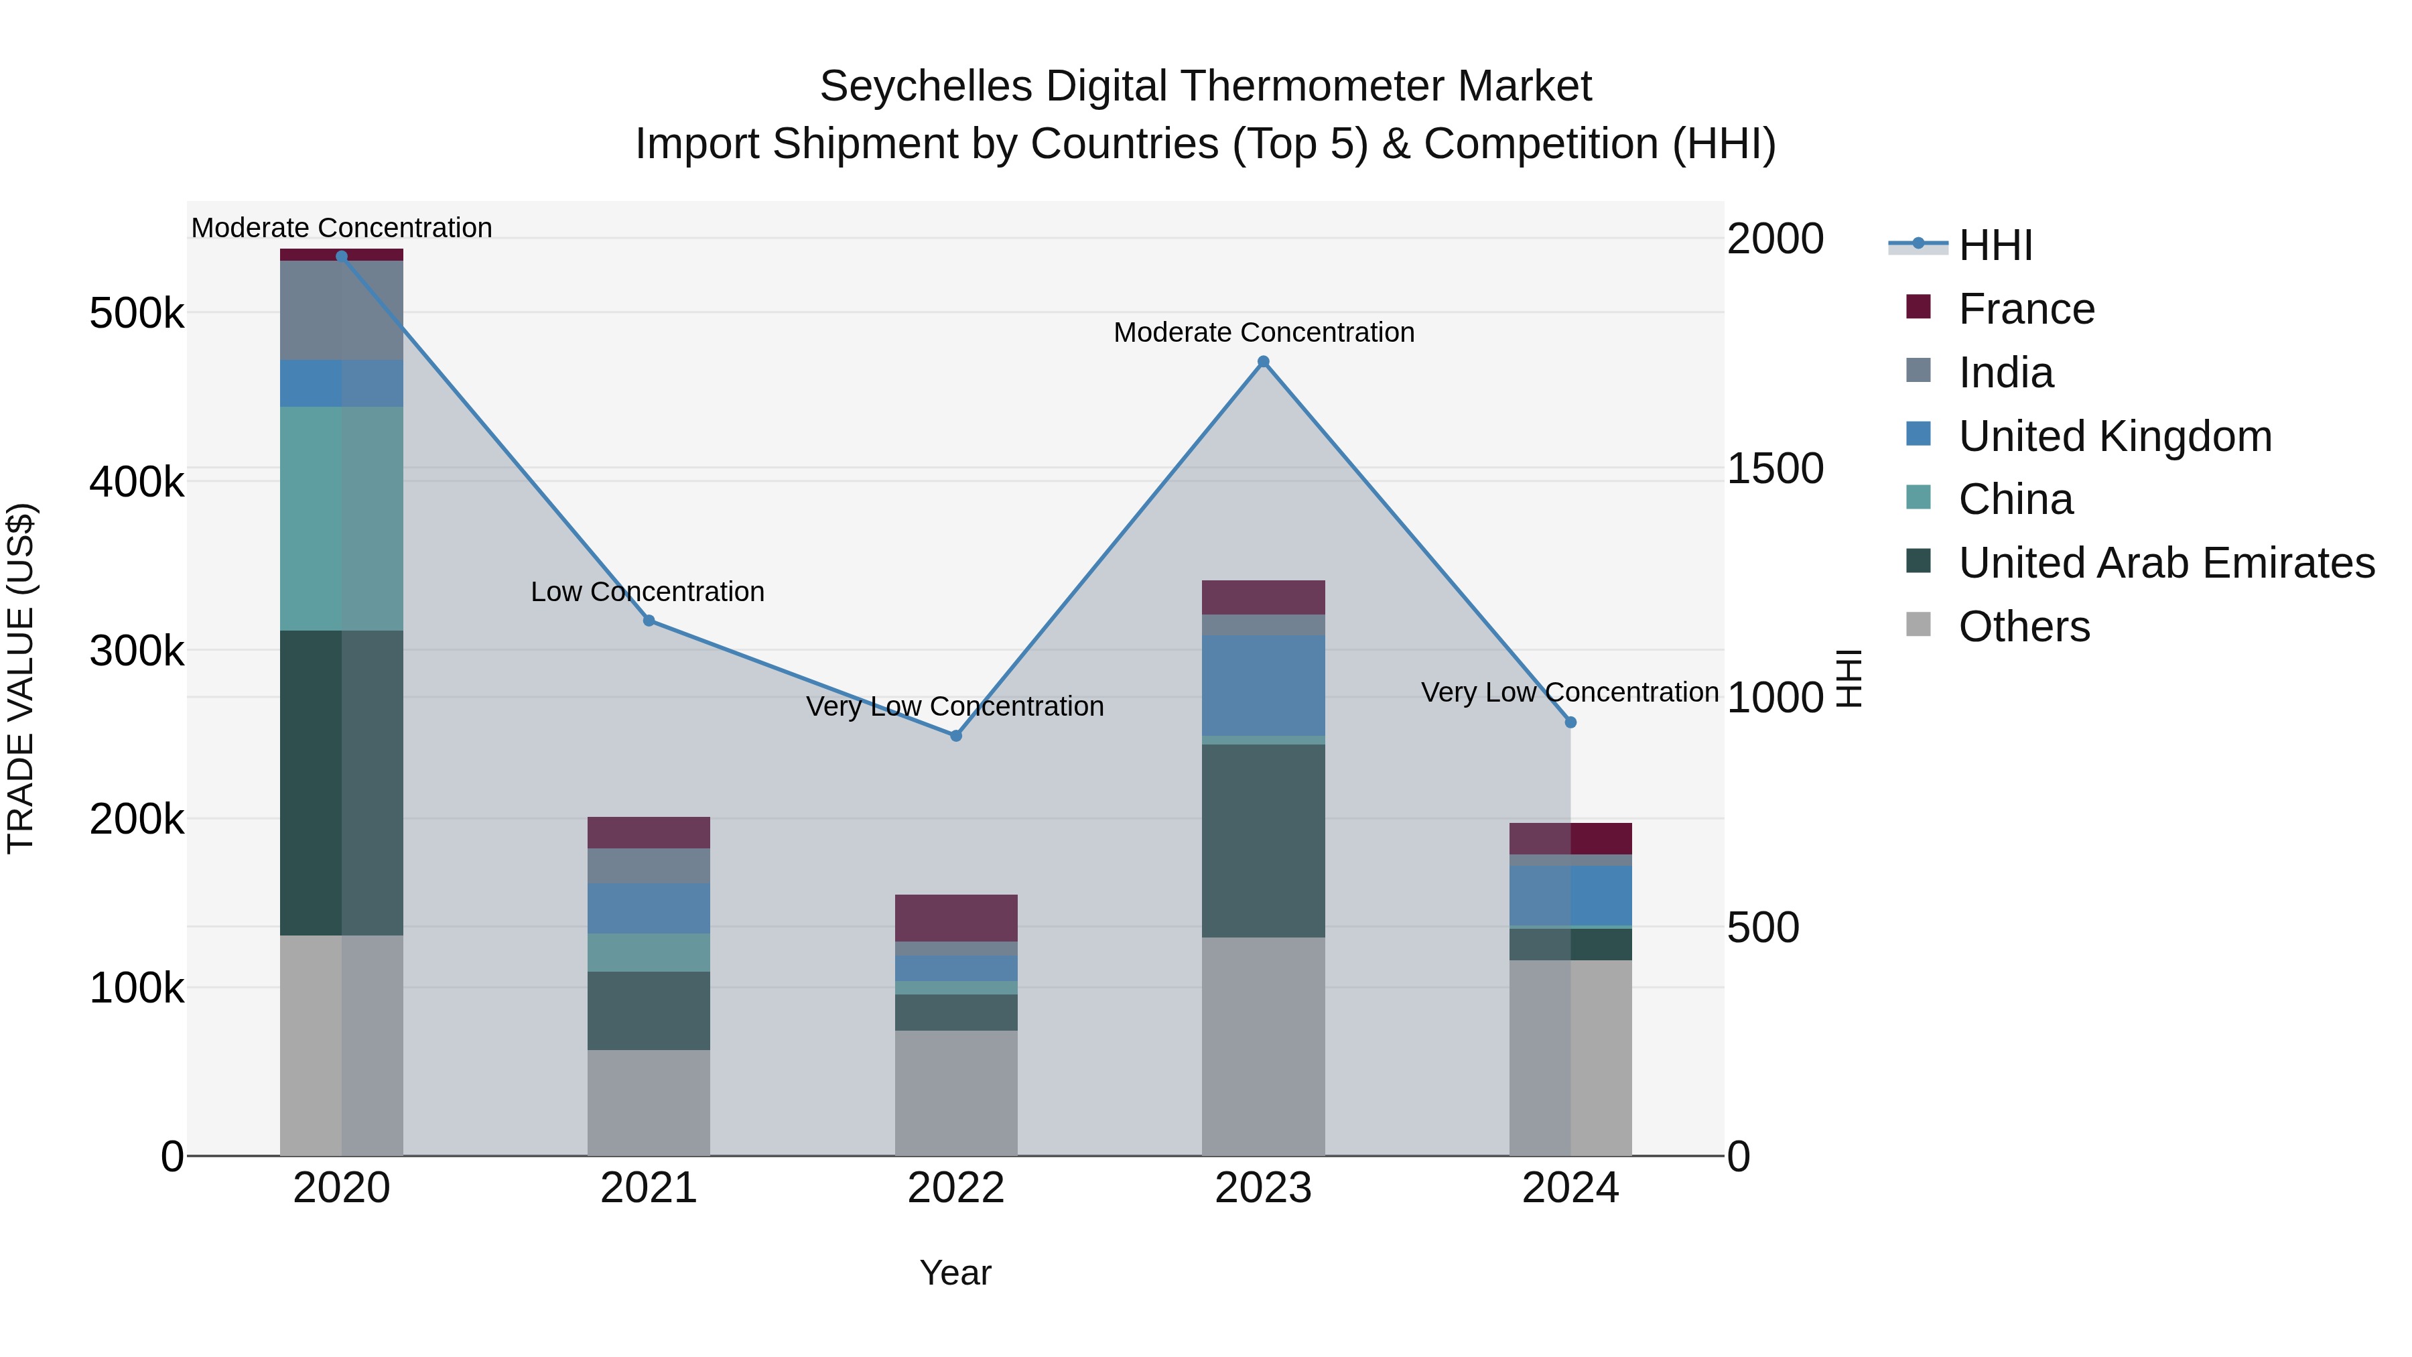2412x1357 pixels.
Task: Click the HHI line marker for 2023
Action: (1263, 361)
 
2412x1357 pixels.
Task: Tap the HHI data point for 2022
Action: (956, 736)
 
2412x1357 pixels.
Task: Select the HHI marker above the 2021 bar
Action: (649, 621)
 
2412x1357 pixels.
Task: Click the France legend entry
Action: (2025, 309)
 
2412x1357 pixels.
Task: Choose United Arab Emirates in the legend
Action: (2165, 563)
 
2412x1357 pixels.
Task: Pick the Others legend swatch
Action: (1919, 625)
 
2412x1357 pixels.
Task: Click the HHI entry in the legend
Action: (1995, 245)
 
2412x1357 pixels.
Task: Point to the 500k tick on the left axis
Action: (137, 313)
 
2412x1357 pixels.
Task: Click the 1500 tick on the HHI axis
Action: (1774, 468)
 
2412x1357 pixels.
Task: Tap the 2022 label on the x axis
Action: (956, 1188)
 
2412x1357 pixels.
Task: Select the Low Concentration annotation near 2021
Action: (647, 592)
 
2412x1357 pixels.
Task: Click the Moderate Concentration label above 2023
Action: (1263, 332)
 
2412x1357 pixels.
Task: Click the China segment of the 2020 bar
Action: (341, 518)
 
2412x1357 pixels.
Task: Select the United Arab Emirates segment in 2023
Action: (1263, 840)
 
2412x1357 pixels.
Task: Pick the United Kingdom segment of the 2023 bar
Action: (1263, 685)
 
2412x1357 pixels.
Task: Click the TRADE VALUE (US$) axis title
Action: (21, 678)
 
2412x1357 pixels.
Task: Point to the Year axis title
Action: (955, 1273)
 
